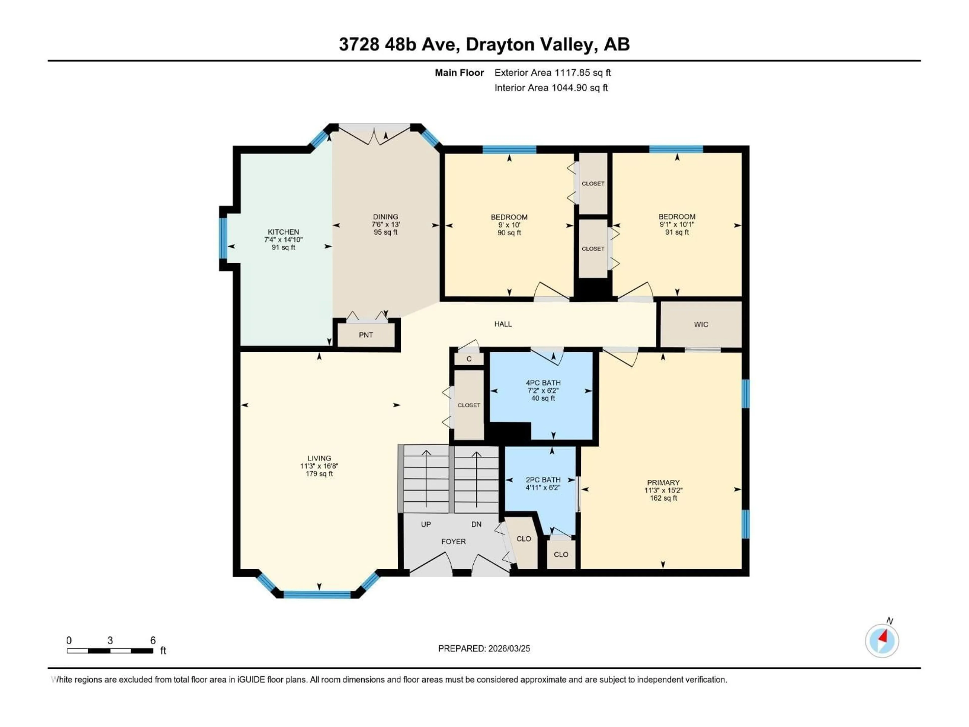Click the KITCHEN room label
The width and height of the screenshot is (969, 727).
coord(283,232)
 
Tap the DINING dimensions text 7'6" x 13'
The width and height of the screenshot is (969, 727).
coord(386,224)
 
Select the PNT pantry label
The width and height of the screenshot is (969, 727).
coord(366,335)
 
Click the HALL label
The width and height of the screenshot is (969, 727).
coord(503,324)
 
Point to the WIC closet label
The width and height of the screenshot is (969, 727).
coord(701,324)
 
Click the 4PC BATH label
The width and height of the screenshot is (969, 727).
coord(543,383)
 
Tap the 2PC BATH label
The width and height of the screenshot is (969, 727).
coord(543,480)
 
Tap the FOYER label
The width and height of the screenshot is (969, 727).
coord(453,542)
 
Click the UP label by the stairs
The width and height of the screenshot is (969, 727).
coord(426,524)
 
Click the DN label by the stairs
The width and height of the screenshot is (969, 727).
coord(476,524)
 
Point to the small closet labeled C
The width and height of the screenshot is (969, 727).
coord(469,359)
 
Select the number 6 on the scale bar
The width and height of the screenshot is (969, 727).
coord(153,640)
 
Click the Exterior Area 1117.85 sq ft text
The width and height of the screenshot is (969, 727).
coord(552,73)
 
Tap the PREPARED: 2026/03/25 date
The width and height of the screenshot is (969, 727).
coord(484,648)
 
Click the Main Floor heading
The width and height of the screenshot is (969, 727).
coord(459,73)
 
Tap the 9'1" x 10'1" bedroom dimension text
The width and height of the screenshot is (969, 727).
coord(677,224)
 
